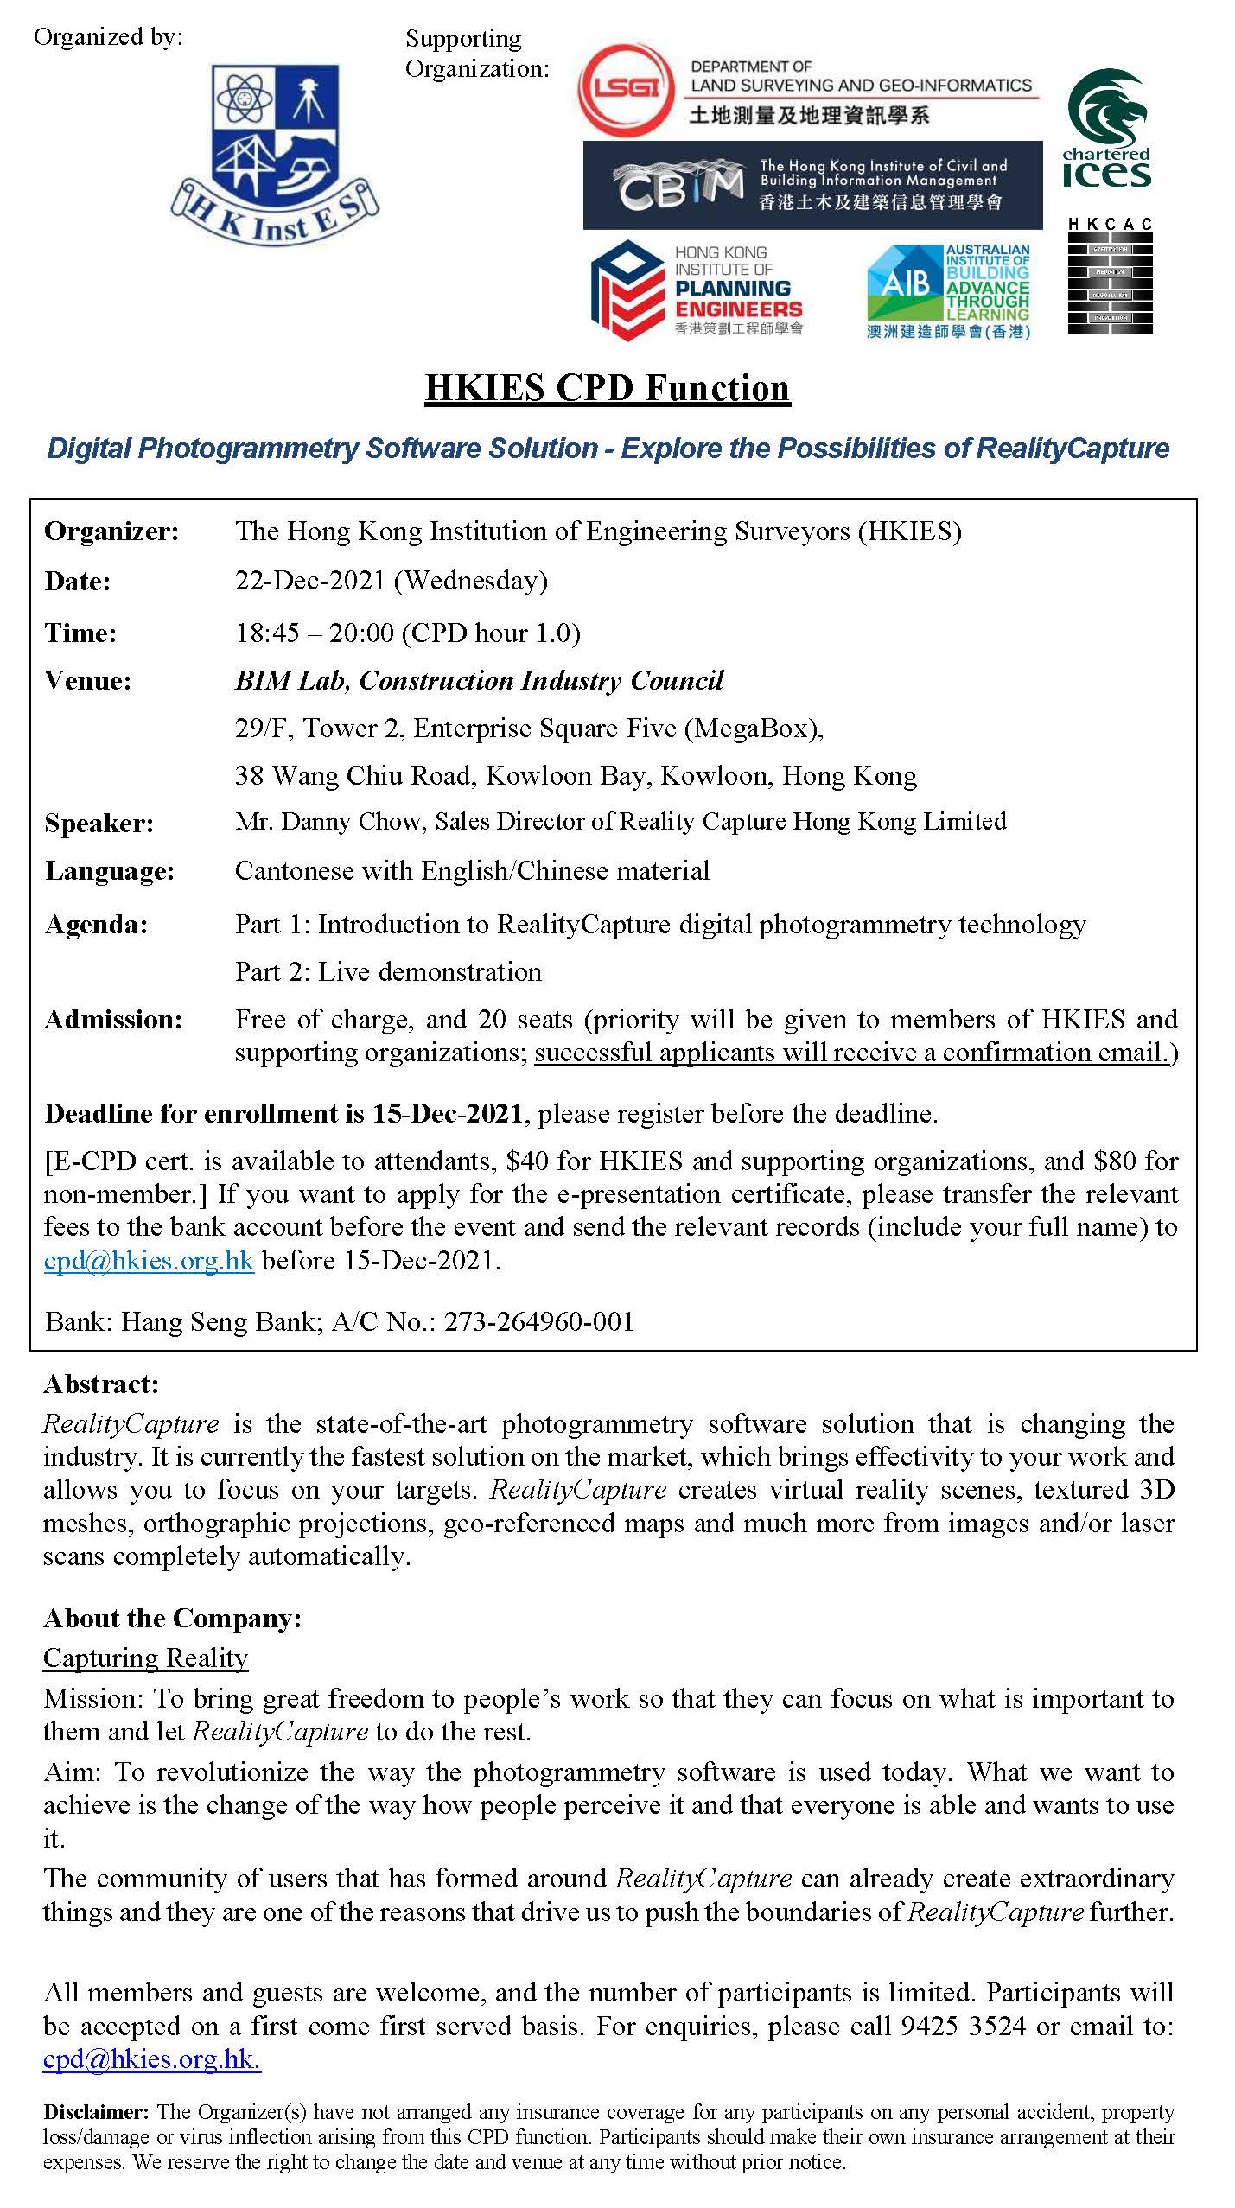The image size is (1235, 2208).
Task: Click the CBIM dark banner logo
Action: [812, 185]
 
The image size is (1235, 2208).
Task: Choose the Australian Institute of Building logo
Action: [948, 291]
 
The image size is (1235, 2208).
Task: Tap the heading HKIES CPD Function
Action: [608, 388]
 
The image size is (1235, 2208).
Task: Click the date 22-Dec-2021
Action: [310, 580]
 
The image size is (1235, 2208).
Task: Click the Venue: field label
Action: [87, 681]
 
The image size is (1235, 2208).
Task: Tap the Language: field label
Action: [110, 871]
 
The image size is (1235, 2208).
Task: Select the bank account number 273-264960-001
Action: [539, 1321]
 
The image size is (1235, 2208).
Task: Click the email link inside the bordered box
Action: [149, 1260]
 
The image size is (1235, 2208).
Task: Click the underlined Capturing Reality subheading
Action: [145, 1658]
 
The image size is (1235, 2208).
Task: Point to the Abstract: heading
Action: [101, 1384]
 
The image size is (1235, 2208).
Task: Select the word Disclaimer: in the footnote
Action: [97, 2112]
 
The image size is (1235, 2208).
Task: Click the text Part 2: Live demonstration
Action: [388, 971]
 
